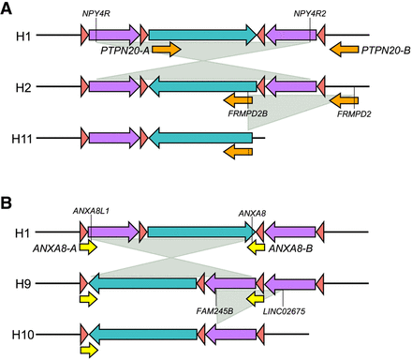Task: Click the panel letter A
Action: point(8,8)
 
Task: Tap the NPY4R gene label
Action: point(96,14)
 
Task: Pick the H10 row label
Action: point(27,334)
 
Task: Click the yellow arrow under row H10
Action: point(89,350)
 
